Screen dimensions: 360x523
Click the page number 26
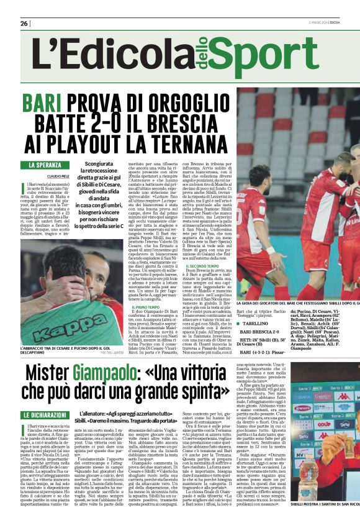coord(24,23)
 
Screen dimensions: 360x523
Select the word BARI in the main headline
coord(44,102)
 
